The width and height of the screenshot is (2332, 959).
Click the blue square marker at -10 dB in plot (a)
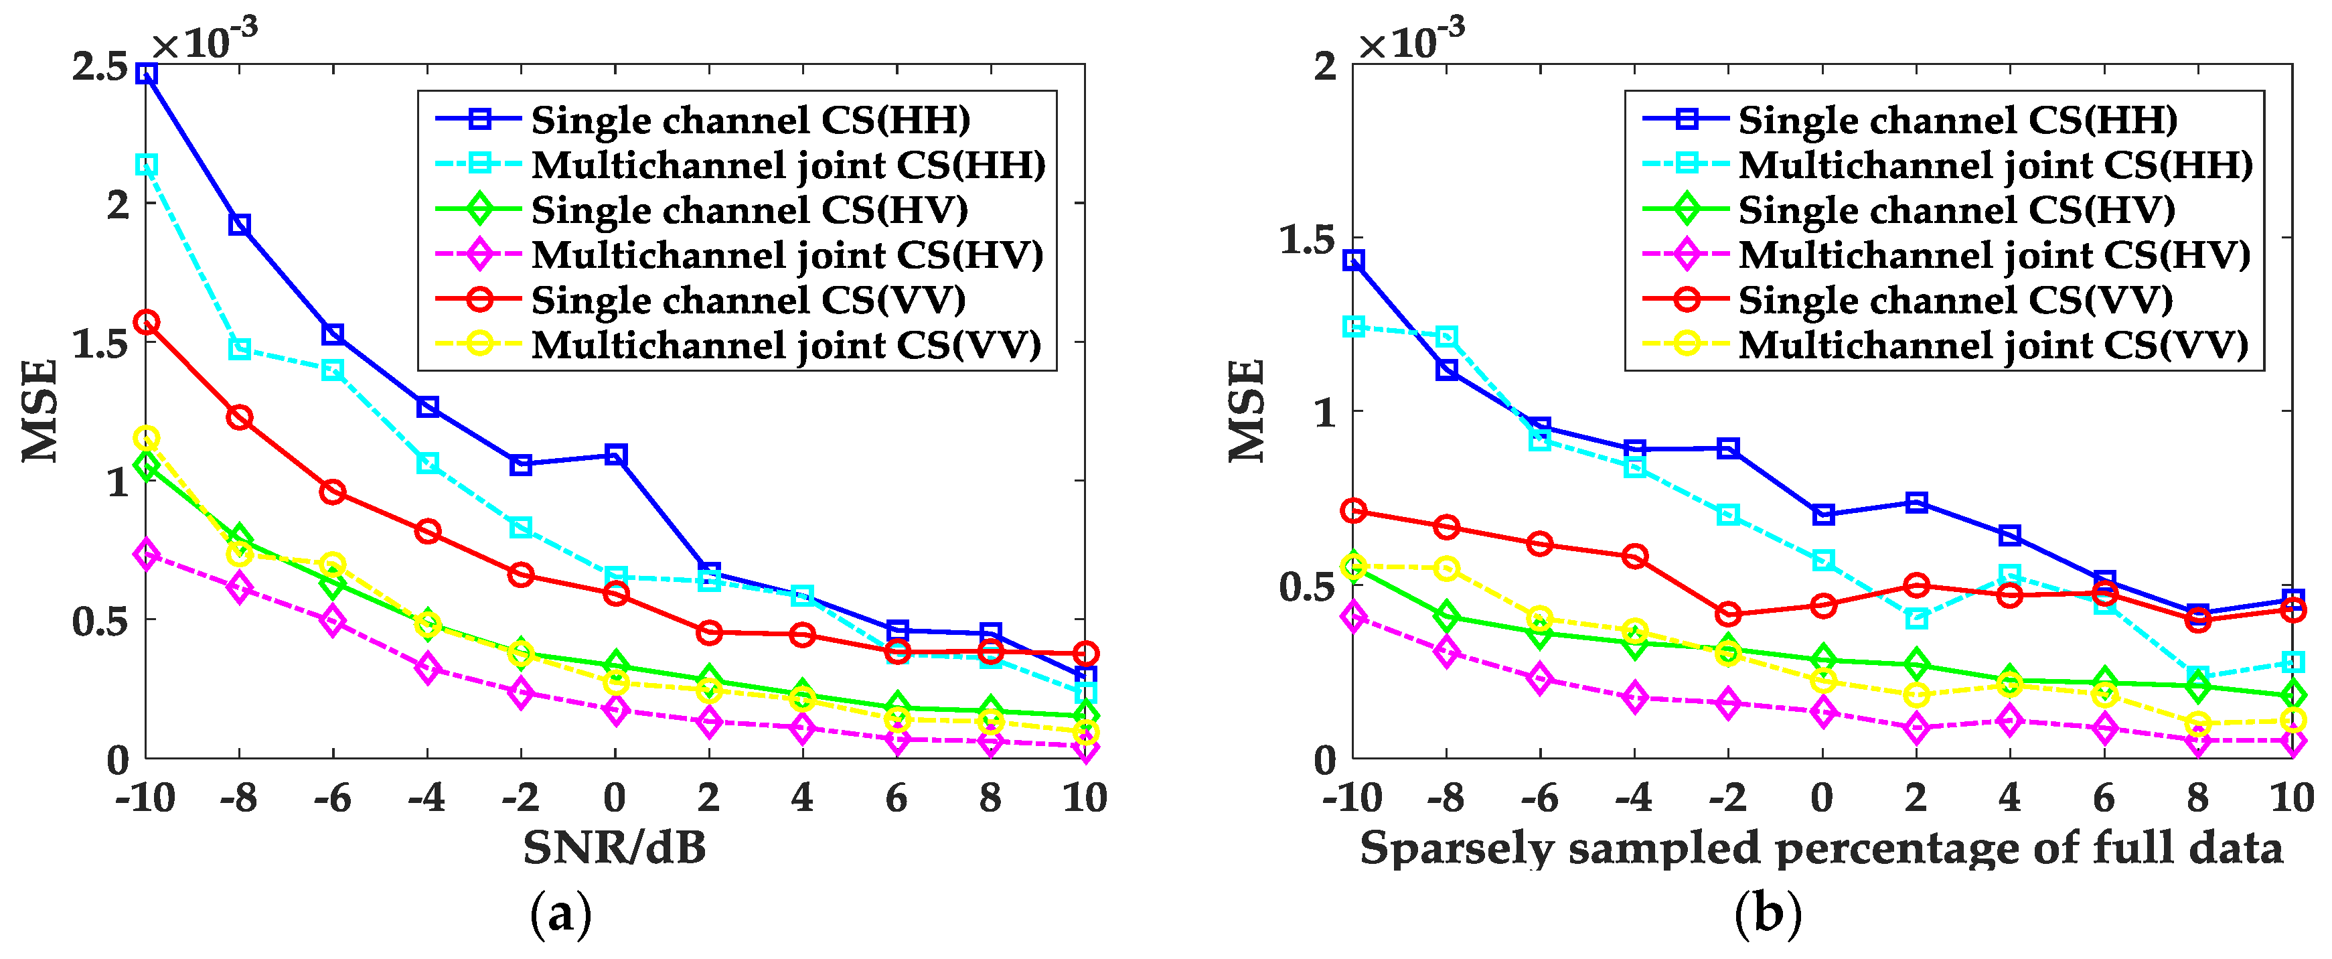click(147, 74)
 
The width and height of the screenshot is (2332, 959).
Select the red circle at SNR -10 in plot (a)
click(147, 322)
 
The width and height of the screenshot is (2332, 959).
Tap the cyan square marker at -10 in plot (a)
click(147, 165)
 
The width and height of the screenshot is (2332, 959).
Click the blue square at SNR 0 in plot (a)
click(615, 455)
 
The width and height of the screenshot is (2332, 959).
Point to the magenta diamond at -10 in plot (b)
click(1353, 617)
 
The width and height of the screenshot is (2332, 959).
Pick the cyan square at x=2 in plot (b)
click(1916, 619)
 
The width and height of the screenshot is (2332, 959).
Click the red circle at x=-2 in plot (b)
click(1728, 614)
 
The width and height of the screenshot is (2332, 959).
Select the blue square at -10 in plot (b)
click(1353, 261)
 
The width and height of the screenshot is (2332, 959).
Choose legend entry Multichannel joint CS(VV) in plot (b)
click(1993, 345)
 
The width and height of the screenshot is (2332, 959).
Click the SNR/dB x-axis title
click(615, 849)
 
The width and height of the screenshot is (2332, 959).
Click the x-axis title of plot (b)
click(1821, 849)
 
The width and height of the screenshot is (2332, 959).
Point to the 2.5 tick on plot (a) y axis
click(100, 67)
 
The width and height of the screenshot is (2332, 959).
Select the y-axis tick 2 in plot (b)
click(1324, 66)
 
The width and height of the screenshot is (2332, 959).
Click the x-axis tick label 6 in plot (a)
click(897, 798)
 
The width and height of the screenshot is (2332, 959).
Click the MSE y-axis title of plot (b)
click(1247, 411)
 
